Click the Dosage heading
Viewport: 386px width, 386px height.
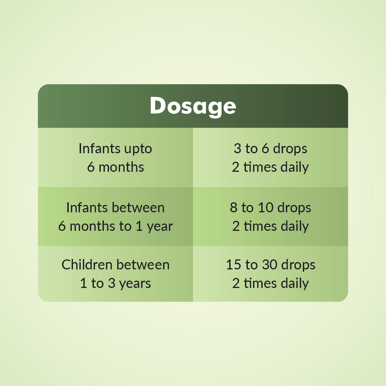(193, 106)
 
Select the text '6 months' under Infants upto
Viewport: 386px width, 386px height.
(115, 167)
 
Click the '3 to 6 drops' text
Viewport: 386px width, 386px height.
(270, 149)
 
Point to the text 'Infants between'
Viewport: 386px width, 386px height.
(115, 208)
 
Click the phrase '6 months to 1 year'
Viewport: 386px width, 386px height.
(115, 226)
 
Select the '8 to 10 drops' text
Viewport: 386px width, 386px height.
(270, 208)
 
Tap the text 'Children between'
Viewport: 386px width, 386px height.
(115, 265)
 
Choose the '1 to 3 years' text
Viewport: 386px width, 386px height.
(115, 283)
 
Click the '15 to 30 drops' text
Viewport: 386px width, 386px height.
(270, 265)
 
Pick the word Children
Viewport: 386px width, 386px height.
(87, 265)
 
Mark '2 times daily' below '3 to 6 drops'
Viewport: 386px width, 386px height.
(270, 167)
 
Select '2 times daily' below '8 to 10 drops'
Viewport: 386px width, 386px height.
(270, 226)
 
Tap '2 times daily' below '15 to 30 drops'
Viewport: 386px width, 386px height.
(270, 283)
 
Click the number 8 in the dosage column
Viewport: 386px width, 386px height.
(234, 208)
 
